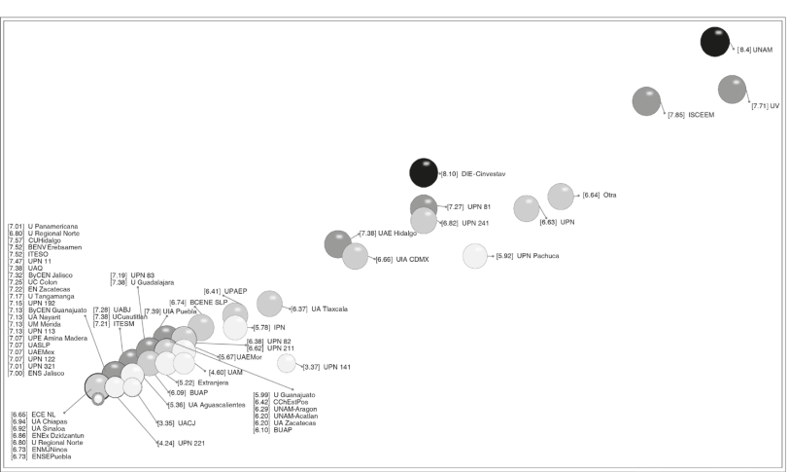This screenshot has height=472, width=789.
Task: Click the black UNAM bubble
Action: pos(715,42)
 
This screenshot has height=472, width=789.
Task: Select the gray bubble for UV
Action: pos(732,89)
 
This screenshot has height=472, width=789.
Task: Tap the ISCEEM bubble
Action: pos(646,100)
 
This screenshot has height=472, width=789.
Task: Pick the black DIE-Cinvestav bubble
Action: pos(424,172)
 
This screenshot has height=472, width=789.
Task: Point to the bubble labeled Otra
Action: pos(561,196)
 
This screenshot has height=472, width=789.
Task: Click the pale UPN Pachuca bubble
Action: pos(474,256)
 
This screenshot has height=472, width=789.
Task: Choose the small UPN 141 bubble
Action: pos(287,363)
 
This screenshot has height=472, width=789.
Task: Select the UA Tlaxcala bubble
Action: pos(269,303)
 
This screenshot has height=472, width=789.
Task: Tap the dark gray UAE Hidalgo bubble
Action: pos(337,243)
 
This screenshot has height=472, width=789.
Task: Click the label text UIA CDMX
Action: pos(413,260)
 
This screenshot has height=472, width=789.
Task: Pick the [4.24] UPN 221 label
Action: pos(179,443)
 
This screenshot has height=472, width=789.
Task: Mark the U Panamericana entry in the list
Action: pos(49,226)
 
